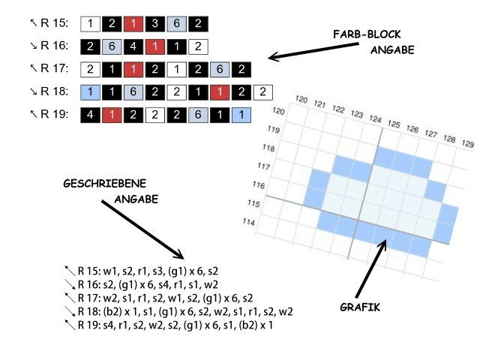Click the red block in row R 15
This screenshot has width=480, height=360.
click(x=133, y=24)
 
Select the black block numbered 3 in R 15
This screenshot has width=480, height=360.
click(x=154, y=24)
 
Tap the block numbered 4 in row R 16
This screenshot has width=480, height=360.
click(x=133, y=46)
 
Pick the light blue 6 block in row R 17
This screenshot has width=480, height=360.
click(x=219, y=70)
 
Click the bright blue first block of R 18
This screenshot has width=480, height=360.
click(x=89, y=92)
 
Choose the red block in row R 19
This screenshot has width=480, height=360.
click(x=111, y=115)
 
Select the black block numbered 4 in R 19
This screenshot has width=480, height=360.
click(x=89, y=115)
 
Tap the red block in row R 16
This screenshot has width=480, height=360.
click(x=154, y=46)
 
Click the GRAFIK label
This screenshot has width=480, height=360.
click(x=361, y=306)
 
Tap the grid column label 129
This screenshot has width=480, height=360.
click(x=466, y=143)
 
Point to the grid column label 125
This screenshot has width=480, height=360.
click(x=393, y=124)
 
